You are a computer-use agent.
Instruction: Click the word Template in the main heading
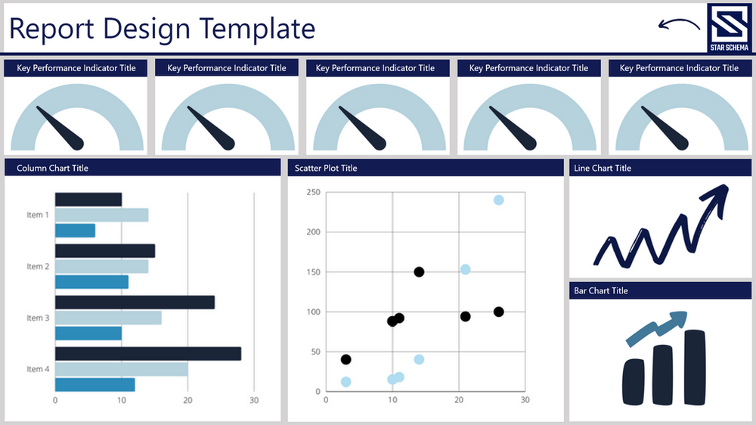click(x=256, y=28)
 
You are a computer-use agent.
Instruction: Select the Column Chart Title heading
click(x=52, y=168)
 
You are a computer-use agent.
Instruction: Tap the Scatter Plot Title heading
click(x=322, y=168)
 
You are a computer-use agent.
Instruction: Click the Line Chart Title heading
click(x=603, y=168)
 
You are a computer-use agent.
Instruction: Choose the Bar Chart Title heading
click(x=600, y=290)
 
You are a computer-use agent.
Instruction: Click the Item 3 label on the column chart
click(x=38, y=318)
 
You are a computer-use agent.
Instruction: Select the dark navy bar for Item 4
click(x=148, y=353)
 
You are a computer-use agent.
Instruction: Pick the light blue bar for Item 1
click(x=101, y=215)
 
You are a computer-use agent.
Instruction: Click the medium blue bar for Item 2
click(x=91, y=282)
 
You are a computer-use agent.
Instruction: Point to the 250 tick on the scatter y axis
click(x=314, y=192)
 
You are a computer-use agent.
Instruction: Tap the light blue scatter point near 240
click(x=499, y=200)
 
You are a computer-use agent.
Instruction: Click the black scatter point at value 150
click(x=419, y=272)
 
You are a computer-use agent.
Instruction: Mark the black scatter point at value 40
click(x=345, y=359)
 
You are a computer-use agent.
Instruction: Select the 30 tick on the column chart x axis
click(x=254, y=400)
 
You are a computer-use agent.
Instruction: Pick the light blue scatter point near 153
click(x=466, y=270)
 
